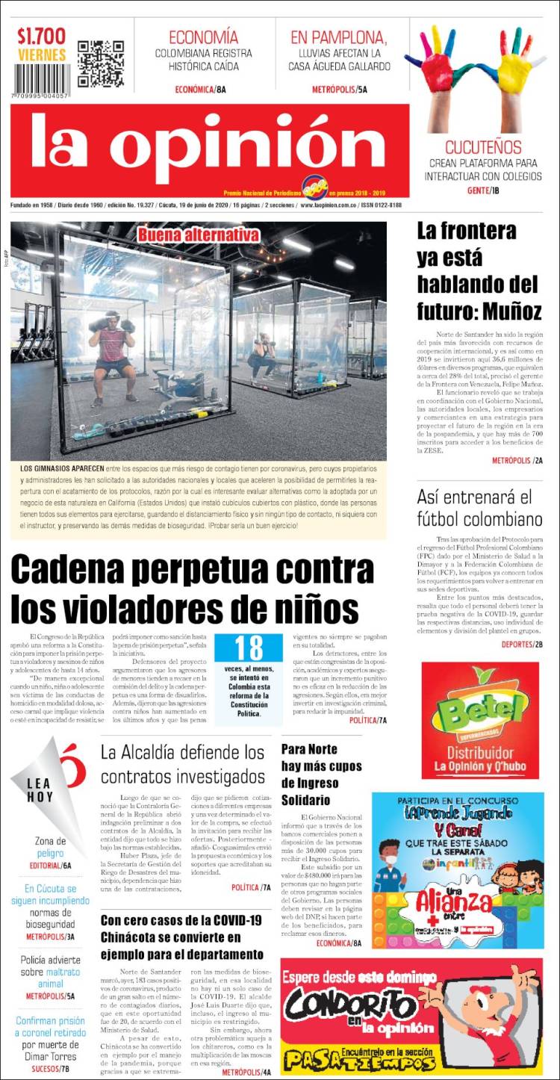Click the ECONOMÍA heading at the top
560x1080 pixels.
tap(204, 37)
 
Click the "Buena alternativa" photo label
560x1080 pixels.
tap(198, 235)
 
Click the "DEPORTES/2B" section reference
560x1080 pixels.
tap(522, 644)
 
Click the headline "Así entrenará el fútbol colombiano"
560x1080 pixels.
tap(479, 508)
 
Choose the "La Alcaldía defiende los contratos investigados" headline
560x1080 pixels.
tap(183, 763)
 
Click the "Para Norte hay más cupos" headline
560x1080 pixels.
tap(321, 774)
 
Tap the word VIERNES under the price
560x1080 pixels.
tap(42, 55)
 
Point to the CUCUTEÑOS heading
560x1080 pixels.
tap(483, 146)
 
